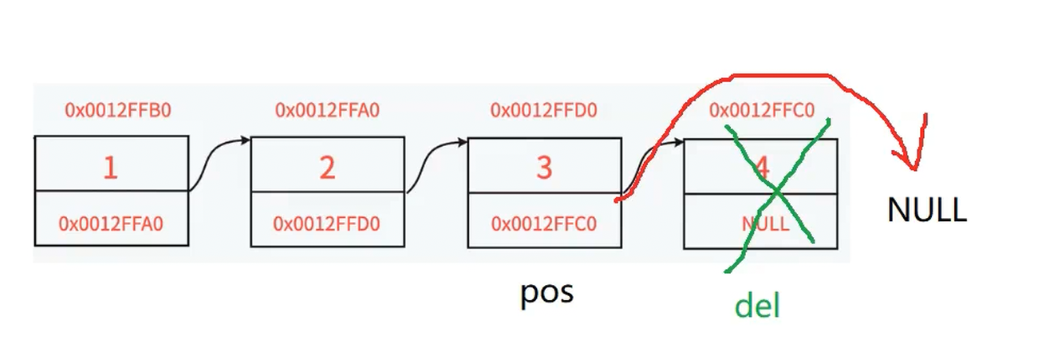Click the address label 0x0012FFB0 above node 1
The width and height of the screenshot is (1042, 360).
point(117,109)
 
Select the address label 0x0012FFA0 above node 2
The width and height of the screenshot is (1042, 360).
point(327,109)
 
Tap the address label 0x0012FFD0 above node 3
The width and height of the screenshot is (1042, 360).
point(543,109)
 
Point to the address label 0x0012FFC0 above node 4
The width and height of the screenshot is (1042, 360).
point(762,109)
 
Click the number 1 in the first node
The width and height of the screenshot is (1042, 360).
point(110,168)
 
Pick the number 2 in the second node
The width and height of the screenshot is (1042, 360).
point(327,168)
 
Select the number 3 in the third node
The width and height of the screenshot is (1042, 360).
point(544,168)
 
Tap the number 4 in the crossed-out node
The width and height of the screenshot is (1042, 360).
point(762,168)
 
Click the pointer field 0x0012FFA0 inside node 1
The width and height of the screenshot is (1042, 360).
point(110,224)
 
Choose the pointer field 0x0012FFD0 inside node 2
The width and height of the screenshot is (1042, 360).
point(327,224)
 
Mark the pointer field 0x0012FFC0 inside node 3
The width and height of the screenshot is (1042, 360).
point(544,224)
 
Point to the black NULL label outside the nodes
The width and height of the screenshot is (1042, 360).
point(926,210)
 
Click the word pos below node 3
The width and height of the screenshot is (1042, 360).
point(547,292)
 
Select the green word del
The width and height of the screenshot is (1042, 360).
point(756,305)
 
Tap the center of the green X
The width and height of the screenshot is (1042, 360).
point(777,192)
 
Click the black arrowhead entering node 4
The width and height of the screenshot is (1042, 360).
point(679,142)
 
